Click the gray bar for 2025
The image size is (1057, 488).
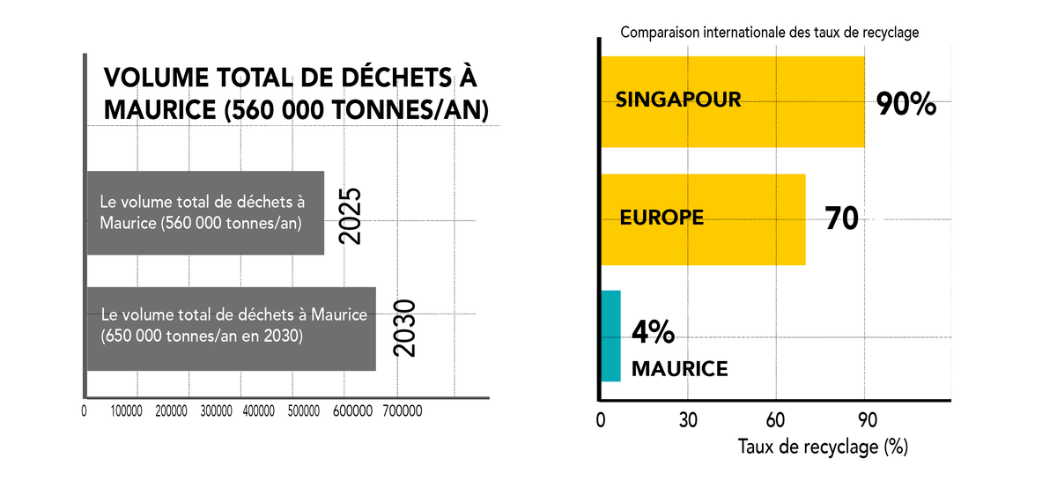204,213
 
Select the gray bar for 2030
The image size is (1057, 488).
231,329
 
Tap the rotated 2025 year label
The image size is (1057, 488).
351,216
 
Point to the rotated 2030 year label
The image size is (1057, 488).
403,329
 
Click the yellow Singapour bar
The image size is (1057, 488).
732,102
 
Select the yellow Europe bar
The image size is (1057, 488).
703,219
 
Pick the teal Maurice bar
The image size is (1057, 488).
610,336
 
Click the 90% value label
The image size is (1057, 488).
905,106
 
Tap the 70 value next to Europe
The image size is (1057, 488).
842,218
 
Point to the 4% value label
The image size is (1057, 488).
654,333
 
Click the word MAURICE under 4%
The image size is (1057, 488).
680,368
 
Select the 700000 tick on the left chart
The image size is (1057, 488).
402,411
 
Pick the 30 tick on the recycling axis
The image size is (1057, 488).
688,419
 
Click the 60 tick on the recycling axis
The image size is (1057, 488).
776,419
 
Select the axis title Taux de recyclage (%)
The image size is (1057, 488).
823,447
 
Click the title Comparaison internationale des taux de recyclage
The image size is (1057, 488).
769,33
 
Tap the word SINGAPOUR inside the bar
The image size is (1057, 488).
678,99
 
